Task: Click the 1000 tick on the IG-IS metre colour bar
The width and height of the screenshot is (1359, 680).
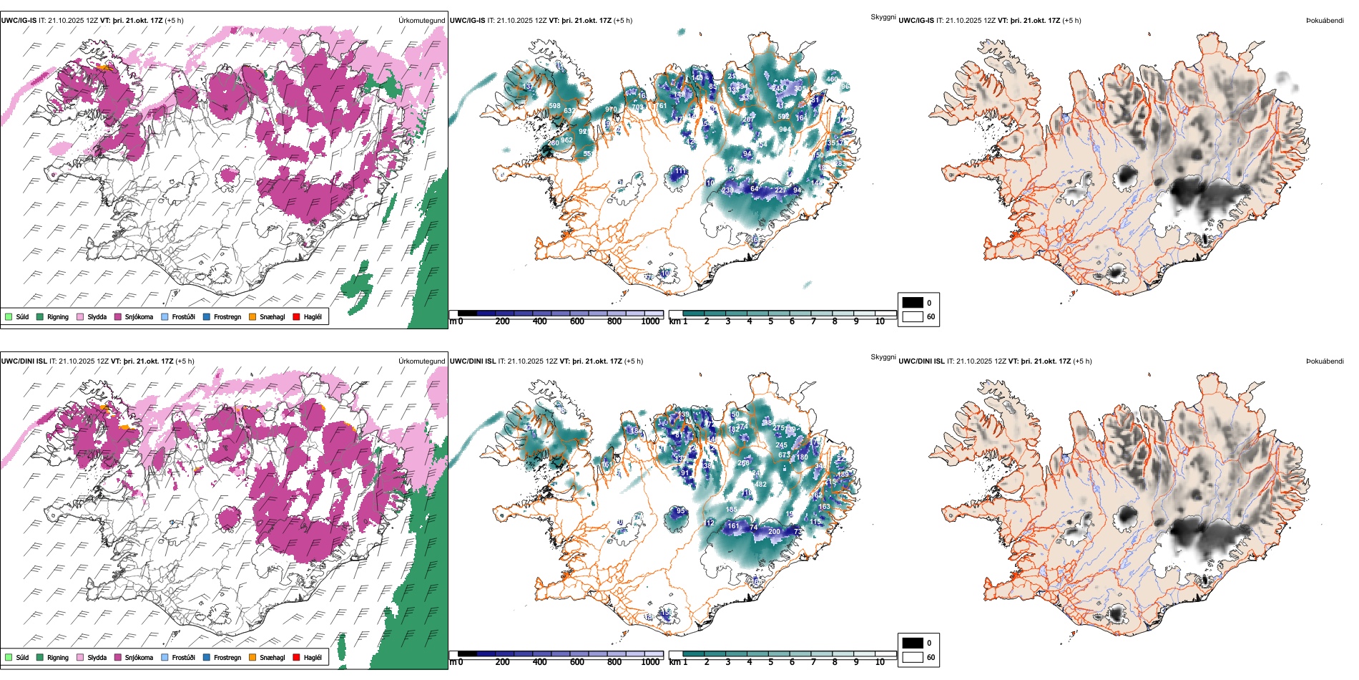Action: coord(650,321)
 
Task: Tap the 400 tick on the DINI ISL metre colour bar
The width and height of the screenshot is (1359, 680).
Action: coord(540,662)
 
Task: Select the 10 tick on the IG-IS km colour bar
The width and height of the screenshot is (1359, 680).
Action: coord(880,321)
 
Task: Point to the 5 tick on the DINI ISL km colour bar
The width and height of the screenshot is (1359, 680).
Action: coord(771,662)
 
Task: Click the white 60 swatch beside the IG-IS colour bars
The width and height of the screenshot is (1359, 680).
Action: coord(913,316)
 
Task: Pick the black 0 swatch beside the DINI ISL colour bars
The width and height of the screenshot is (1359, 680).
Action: coord(913,643)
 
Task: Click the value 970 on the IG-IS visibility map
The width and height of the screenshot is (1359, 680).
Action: coord(610,110)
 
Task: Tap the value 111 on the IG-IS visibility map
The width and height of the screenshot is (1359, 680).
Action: coord(679,172)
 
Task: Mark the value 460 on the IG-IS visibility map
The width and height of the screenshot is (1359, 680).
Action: coord(832,79)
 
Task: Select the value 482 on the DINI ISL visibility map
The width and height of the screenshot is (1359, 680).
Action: coord(760,485)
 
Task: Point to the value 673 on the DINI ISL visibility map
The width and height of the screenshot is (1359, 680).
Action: coord(784,455)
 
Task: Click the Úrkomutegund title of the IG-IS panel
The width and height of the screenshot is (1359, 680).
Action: coord(421,21)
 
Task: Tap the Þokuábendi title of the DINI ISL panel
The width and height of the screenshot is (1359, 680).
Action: coord(1325,361)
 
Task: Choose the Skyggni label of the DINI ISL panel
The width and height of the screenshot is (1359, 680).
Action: coord(883,357)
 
